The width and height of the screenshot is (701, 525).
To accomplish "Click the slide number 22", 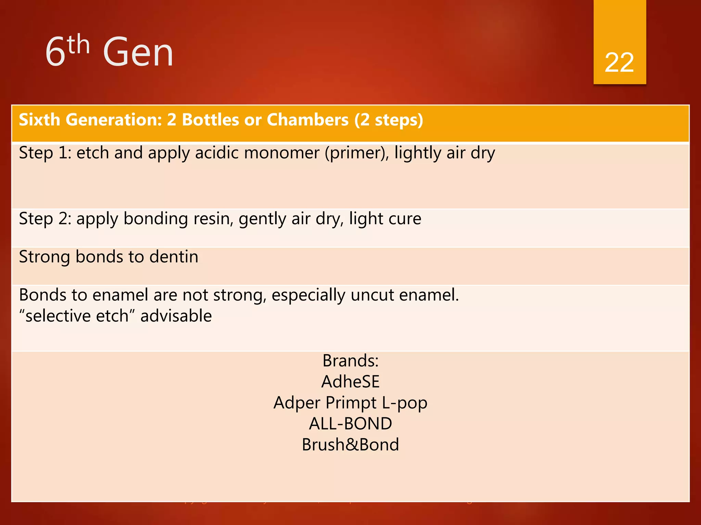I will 619,63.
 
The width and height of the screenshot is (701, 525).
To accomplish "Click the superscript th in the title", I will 78,44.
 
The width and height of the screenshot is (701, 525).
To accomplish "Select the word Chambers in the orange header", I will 307,120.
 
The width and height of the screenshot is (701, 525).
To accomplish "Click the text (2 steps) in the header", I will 389,120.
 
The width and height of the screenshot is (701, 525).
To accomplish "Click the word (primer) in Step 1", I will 357,153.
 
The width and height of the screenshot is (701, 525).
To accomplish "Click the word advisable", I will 176,315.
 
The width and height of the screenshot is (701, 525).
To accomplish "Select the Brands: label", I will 350,361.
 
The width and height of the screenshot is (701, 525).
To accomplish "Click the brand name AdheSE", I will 350,382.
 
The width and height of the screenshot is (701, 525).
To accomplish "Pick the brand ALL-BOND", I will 350,424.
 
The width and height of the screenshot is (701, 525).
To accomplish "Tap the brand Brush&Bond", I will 350,445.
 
